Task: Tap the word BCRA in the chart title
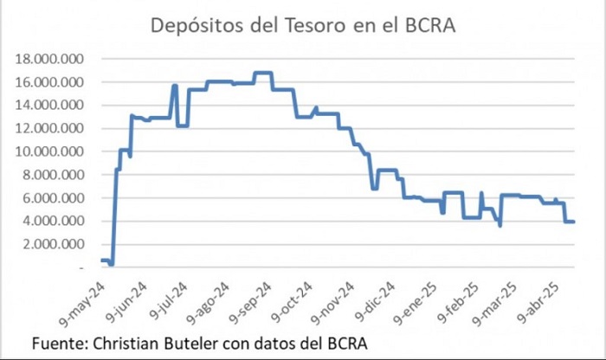430,25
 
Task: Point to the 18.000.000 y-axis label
49,59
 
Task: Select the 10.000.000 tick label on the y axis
49,151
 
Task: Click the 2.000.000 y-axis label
53,244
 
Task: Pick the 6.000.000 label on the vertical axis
53,198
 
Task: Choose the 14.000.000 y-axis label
49,105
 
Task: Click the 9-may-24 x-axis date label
82,305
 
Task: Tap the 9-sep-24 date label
251,303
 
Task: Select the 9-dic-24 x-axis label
375,302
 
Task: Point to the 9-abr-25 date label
538,302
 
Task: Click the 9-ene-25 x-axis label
416,303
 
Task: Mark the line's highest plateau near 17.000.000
263,73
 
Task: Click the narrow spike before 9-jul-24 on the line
175,86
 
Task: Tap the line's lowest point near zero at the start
112,264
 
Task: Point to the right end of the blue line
574,222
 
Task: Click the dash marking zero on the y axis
81,267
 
